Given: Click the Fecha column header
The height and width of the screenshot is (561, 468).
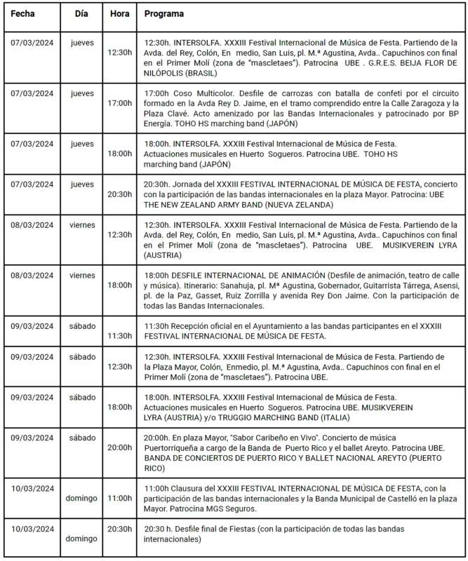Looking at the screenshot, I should tap(23, 13).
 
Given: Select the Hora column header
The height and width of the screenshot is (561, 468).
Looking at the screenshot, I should tap(119, 13).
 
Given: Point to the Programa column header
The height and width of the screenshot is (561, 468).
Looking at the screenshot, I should tap(164, 13).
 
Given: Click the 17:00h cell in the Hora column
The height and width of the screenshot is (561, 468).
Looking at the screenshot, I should tap(119, 103).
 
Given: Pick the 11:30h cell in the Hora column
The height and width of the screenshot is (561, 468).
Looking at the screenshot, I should tap(119, 337).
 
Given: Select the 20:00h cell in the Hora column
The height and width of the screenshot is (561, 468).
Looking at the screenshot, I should tap(119, 447).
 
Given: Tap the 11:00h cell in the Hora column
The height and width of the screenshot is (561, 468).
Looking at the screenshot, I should tap(119, 499).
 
